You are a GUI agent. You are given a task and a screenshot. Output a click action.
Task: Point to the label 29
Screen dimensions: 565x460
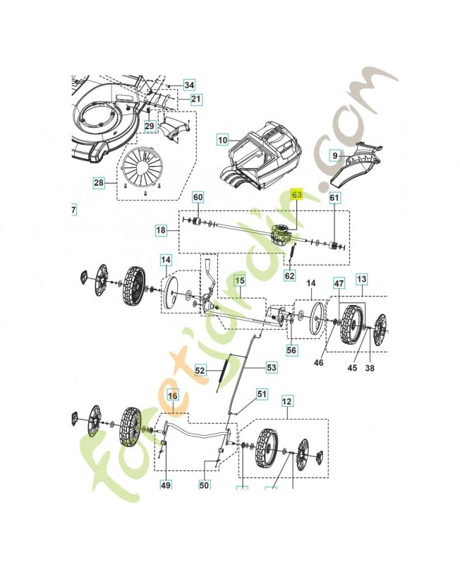pos(149,126)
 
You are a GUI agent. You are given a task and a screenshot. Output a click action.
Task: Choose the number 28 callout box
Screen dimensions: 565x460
pos(99,183)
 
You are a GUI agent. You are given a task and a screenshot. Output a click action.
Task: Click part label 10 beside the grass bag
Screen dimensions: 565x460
pos(223,140)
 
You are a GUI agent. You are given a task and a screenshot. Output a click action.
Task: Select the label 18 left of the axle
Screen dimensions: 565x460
pos(161,230)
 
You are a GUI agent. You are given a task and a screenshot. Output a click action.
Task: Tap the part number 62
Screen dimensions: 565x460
pos(289,276)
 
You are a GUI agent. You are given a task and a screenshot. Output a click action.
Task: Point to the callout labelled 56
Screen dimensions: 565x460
pos(292,350)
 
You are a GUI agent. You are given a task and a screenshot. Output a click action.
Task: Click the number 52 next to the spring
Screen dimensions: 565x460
pos(200,369)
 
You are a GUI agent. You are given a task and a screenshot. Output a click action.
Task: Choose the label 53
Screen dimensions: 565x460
pos(271,367)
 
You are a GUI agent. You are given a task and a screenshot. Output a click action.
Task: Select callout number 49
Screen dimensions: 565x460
pos(166,484)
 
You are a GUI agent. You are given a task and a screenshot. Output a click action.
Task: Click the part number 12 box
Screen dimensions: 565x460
pos(286,401)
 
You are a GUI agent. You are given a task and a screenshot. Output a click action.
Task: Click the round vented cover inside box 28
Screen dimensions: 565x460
pos(142,168)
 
